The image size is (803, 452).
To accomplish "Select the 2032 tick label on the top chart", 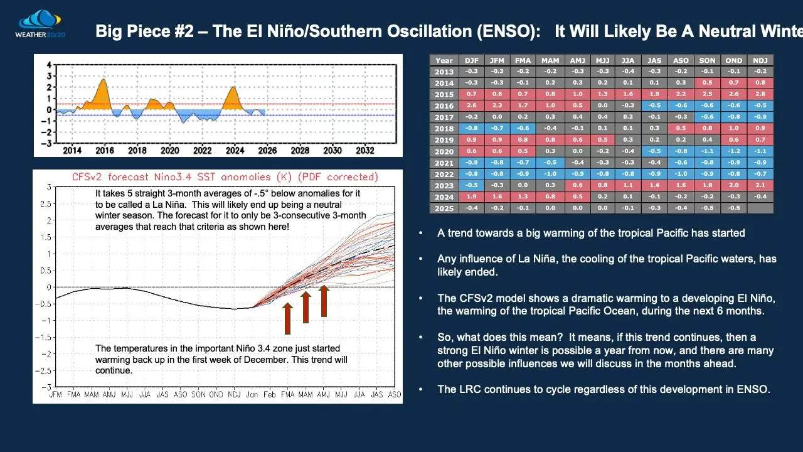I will [x=365, y=151].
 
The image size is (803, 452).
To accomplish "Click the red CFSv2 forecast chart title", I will [x=225, y=177].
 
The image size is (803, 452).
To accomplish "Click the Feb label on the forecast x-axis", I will [x=270, y=394].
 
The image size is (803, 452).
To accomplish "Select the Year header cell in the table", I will [x=444, y=60].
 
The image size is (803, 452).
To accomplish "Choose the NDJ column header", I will [x=760, y=60].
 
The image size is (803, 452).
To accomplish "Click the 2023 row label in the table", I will [x=444, y=186].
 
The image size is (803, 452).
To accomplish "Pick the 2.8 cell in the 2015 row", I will [x=760, y=94].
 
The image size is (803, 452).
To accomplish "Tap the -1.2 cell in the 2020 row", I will [x=734, y=151].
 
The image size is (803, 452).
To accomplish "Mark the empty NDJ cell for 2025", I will [x=760, y=208].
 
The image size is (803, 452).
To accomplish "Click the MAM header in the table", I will [x=551, y=60].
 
